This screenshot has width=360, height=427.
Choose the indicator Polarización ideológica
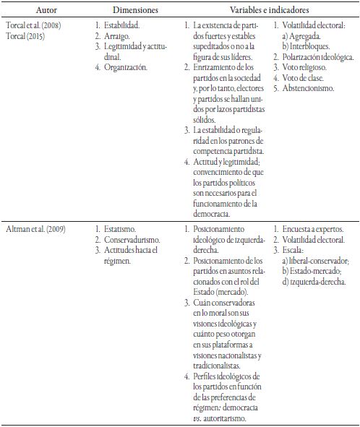point(315,56)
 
